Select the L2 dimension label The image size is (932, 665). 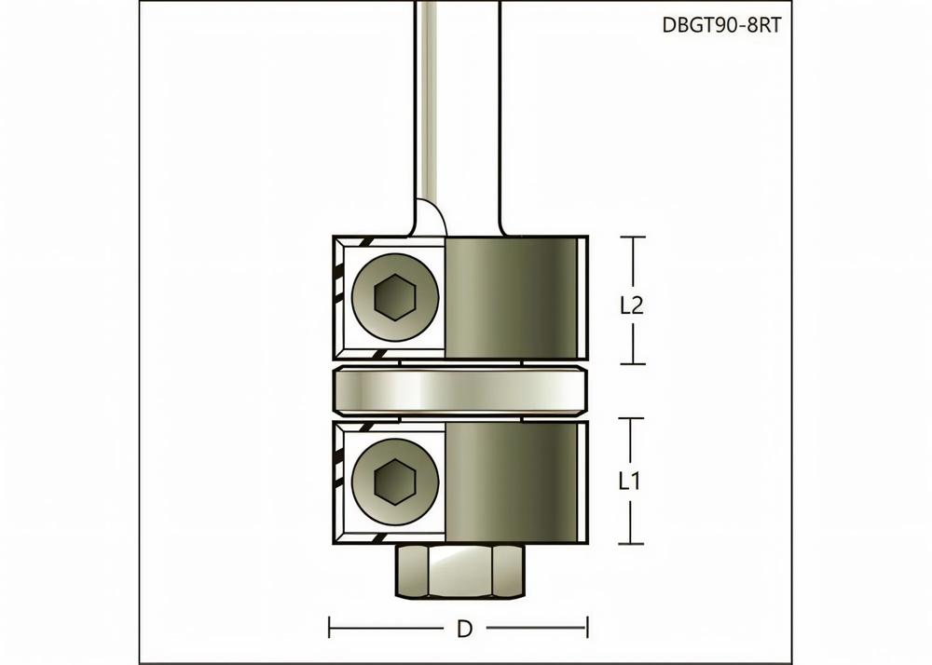633,305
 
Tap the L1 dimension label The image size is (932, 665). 632,482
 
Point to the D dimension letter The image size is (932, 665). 463,629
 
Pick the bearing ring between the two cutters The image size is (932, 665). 461,390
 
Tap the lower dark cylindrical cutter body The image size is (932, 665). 511,482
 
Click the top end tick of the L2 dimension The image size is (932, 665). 633,237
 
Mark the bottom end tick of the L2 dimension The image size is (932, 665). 633,364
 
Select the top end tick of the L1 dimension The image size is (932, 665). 633,419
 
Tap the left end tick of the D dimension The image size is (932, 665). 331,629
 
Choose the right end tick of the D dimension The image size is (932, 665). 586,629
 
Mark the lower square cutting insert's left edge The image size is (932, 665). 341,482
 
